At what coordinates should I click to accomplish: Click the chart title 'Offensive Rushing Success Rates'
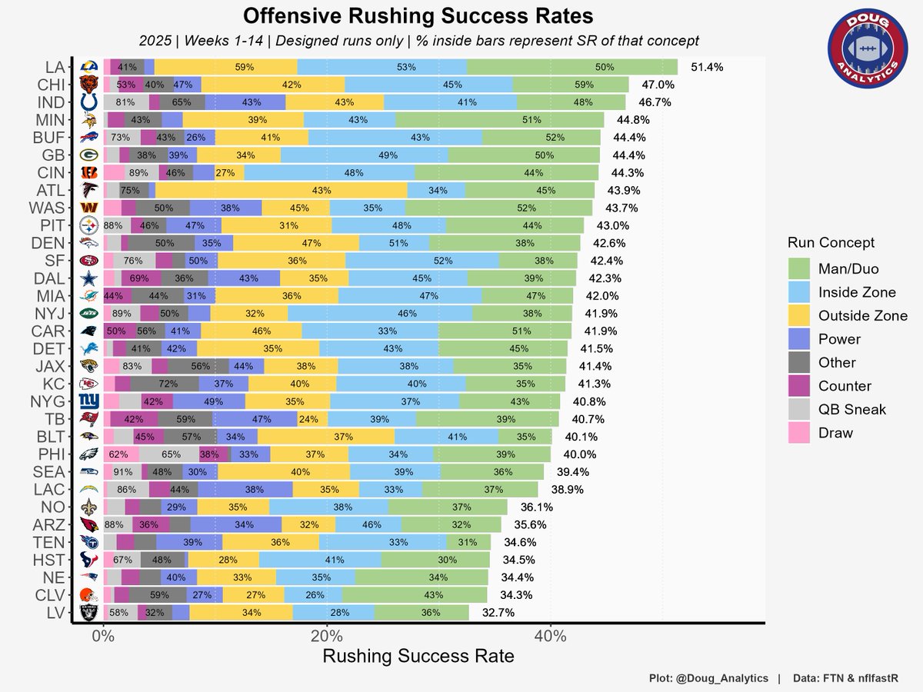418,16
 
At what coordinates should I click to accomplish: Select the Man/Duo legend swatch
800,268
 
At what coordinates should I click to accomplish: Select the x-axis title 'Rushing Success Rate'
418,657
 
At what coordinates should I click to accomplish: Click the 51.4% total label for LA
707,68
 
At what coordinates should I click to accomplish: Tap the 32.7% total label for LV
498,613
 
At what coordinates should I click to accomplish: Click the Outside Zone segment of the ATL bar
282,190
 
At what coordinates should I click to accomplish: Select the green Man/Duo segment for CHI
571,85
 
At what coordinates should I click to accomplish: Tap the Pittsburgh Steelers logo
89,226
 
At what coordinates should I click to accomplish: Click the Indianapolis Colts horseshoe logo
89,102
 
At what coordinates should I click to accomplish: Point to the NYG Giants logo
89,401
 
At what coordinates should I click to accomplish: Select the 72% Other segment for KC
164,384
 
